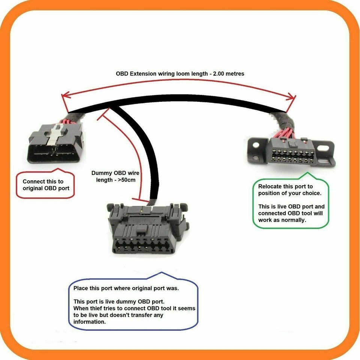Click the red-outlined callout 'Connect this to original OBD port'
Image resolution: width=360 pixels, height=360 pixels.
[x=46, y=185]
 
